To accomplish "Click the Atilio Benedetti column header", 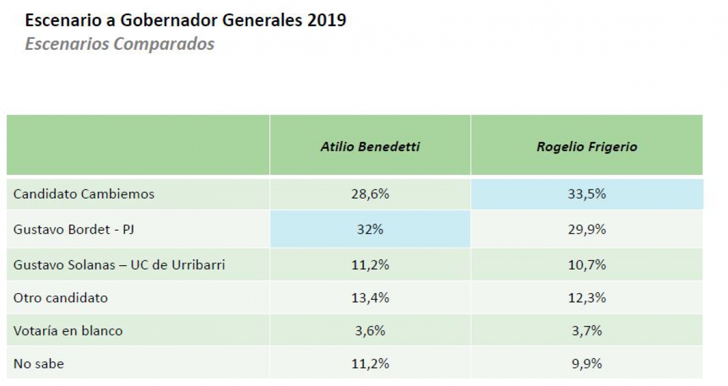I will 370,147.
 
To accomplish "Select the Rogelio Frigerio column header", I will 587,147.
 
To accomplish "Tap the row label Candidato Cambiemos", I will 84,194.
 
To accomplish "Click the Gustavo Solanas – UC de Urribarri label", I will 119,265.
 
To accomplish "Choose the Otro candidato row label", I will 61,298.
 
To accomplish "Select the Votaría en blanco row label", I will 68,331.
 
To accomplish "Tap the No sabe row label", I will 38,364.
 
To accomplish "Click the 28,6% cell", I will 370,194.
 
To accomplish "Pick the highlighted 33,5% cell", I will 587,194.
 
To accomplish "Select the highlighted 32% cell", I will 370,230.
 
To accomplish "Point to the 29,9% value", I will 587,230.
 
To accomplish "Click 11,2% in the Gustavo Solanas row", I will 370,265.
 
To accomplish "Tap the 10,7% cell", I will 587,265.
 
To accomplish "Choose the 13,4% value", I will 370,298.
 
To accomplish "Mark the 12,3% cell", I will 587,298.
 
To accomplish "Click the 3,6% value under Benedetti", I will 370,331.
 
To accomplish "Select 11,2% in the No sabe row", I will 370,364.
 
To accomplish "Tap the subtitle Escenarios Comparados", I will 120,44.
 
